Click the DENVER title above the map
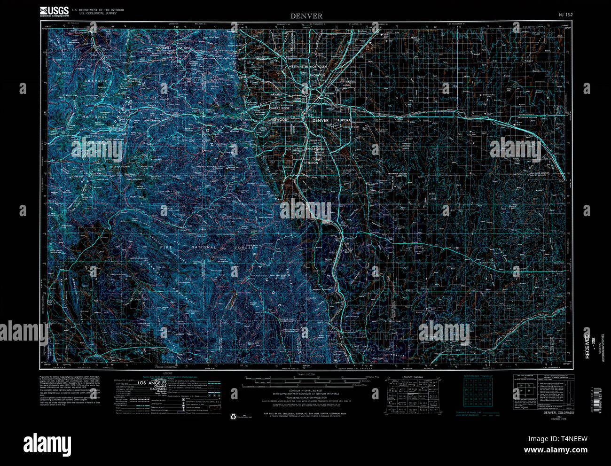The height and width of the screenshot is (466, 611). click(306, 16)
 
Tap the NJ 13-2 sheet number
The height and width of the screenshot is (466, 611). click(565, 15)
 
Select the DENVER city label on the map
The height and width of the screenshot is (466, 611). click(321, 120)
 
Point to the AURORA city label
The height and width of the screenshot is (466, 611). click(344, 120)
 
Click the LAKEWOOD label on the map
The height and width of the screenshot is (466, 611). click(277, 120)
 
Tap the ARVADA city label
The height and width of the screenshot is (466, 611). click(276, 94)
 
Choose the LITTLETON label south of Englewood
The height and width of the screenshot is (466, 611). click(311, 163)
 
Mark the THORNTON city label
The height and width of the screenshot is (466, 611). click(318, 75)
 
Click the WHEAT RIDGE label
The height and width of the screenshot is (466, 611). click(281, 109)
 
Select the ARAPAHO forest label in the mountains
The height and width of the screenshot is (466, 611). click(96, 81)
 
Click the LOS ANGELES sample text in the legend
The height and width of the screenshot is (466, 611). click(152, 383)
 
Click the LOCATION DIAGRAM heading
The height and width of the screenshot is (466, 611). click(413, 377)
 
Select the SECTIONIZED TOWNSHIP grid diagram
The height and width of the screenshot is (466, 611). click(478, 393)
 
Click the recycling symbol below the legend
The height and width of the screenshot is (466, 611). click(233, 416)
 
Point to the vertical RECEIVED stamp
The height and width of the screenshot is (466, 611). click(587, 345)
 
